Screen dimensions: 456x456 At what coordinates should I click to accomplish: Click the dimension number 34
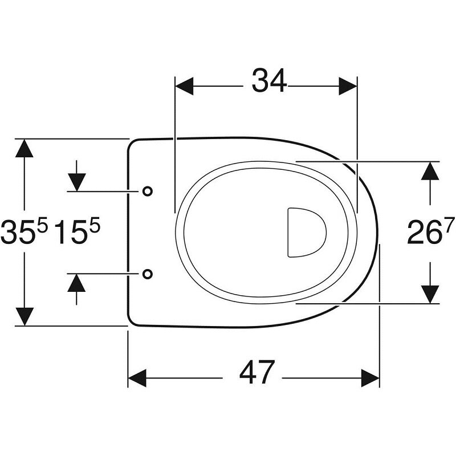[269, 80]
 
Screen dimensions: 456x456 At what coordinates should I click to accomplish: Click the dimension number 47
[257, 372]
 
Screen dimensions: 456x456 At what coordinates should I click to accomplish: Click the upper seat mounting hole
[148, 191]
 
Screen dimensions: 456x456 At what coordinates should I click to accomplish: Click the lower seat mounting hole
[148, 274]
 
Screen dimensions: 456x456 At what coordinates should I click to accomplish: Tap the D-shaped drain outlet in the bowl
[307, 233]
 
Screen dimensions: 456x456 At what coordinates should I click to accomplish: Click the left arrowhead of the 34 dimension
[184, 86]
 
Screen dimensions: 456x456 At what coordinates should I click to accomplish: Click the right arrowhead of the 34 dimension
[348, 86]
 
